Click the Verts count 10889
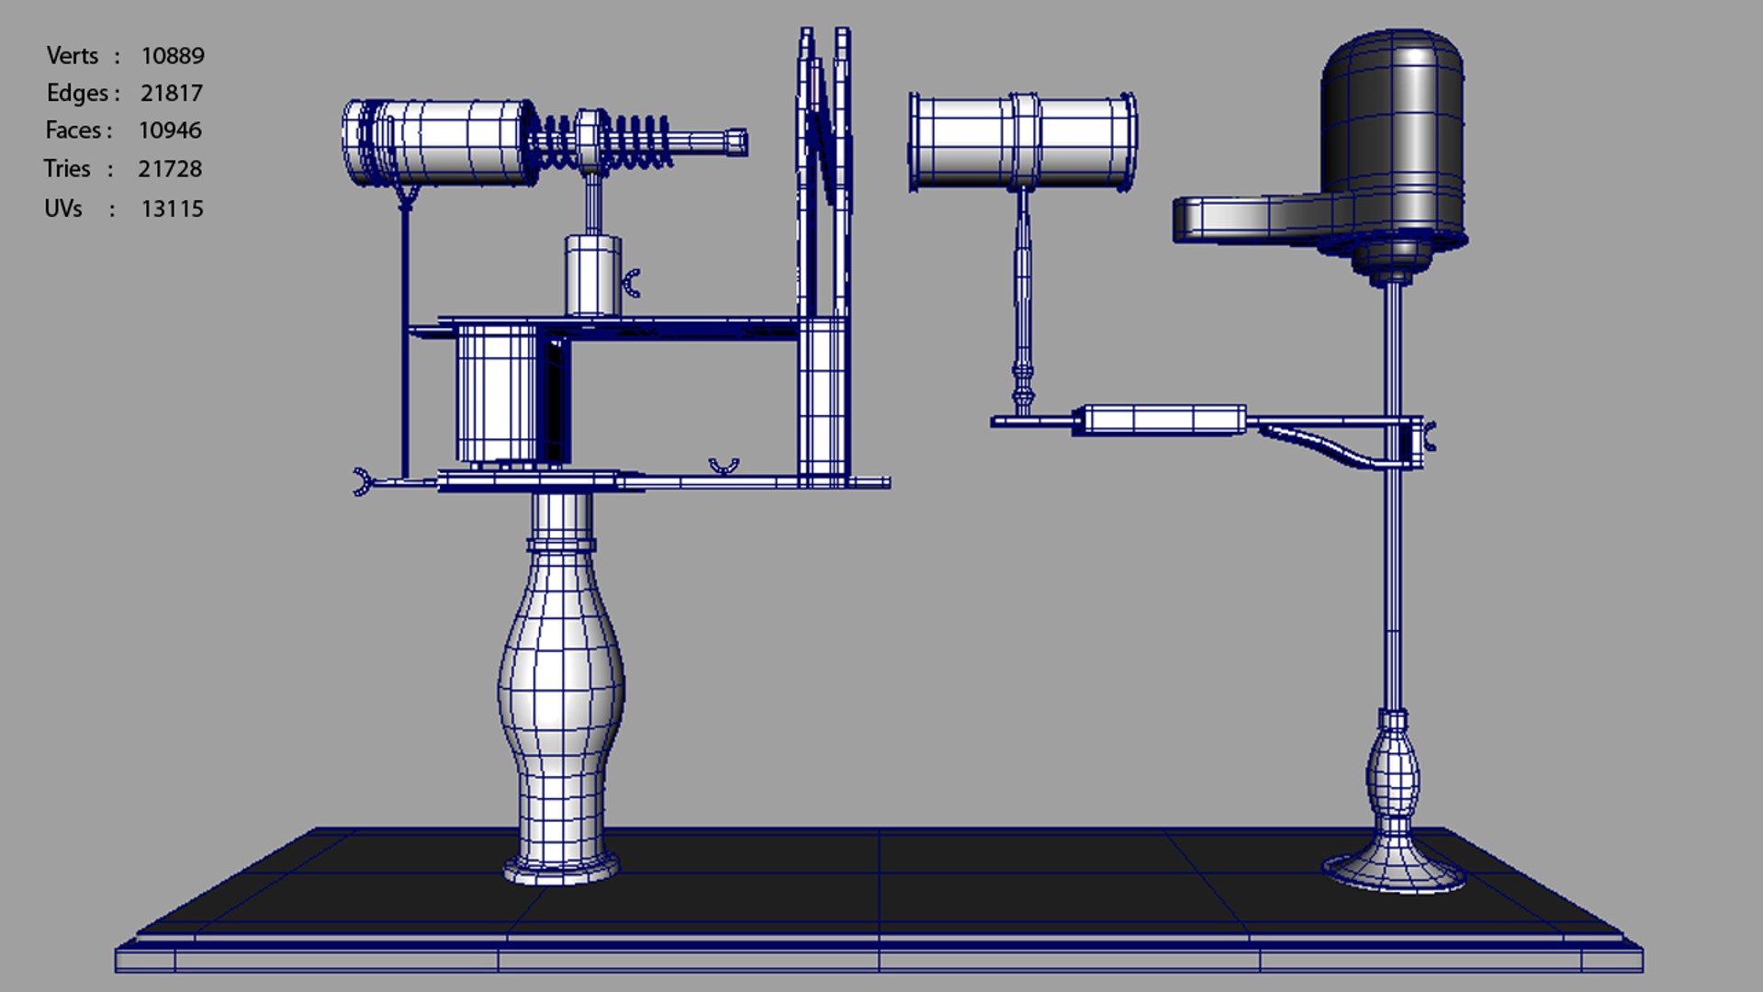coord(172,56)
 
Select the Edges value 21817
coord(171,94)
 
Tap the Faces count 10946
coord(170,130)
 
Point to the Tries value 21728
coord(170,169)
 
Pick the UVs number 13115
coord(172,209)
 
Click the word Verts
coord(72,56)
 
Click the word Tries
coord(67,169)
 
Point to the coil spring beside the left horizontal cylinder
coord(606,142)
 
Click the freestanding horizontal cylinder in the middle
coord(1023,141)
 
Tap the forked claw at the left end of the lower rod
coord(362,481)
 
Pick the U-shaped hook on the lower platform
coord(724,468)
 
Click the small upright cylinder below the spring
coord(592,276)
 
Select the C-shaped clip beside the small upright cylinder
coord(632,284)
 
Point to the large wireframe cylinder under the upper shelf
coord(496,393)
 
